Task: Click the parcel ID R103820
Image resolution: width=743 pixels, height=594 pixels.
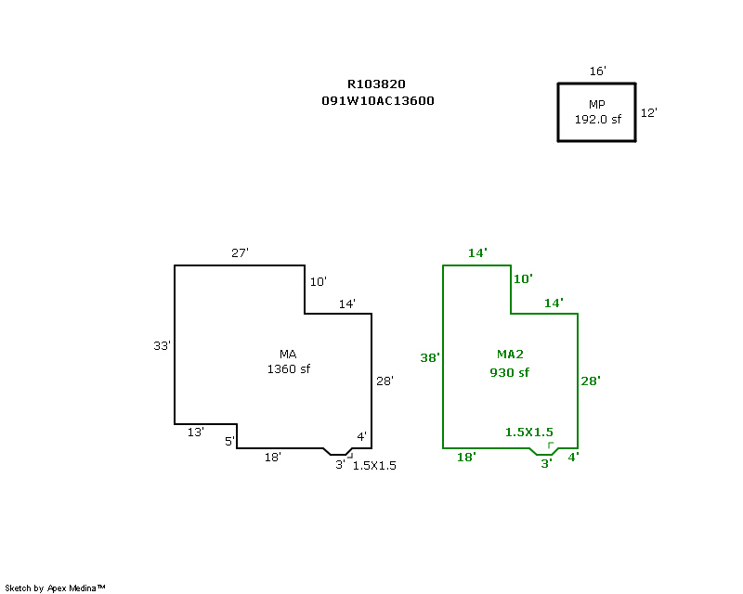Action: coord(376,84)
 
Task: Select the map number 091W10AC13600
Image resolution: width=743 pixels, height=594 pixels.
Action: coord(378,101)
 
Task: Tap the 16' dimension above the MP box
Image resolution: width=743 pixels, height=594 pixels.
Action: coord(597,71)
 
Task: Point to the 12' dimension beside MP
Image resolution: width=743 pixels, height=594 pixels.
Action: coord(648,112)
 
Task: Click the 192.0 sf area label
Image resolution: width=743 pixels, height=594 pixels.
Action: coord(597,120)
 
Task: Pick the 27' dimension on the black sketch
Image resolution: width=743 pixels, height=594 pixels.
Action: coord(240,253)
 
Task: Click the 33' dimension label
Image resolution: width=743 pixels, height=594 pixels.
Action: coord(162,346)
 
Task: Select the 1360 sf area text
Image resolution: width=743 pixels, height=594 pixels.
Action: coord(289,369)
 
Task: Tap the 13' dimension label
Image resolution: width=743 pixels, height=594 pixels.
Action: coord(195,432)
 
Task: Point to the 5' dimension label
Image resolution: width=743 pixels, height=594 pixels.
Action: coord(229,442)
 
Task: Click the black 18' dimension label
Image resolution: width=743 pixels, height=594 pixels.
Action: coord(272,458)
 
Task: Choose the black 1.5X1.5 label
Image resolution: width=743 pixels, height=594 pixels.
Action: coord(374,466)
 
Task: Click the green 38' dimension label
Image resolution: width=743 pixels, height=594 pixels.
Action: coord(430,357)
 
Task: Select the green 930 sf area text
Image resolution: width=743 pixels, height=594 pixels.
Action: coord(509,373)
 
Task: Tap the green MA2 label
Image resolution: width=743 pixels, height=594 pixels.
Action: coord(510,355)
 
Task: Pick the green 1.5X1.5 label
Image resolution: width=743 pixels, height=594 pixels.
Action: coord(528,432)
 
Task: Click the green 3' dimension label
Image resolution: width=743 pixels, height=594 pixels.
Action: coord(546,463)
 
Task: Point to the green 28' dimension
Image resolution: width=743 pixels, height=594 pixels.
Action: coord(591,381)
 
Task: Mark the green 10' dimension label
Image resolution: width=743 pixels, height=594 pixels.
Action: coord(523,278)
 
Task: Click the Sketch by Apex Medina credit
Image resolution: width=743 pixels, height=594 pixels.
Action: coord(55,588)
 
